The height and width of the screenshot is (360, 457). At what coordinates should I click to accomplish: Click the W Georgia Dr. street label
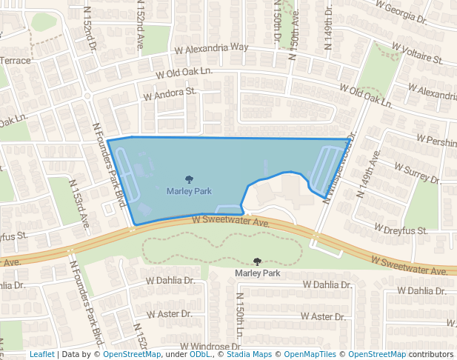[x=402, y=12]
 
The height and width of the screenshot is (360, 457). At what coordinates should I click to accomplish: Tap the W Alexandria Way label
[x=211, y=48]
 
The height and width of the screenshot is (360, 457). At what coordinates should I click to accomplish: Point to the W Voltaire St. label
[x=417, y=53]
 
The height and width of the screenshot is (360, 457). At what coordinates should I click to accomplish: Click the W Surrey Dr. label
[x=418, y=174]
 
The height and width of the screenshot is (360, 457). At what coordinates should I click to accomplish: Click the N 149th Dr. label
[x=329, y=26]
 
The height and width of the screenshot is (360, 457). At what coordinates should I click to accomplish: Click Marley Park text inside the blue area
[x=189, y=191]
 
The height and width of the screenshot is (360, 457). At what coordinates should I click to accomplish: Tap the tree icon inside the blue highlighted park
[x=189, y=179]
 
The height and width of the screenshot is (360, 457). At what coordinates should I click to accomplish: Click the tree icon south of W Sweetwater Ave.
[x=257, y=261]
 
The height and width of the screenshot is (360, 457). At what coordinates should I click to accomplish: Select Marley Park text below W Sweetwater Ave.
[x=257, y=273]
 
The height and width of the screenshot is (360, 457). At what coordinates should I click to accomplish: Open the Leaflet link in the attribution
[x=41, y=354]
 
